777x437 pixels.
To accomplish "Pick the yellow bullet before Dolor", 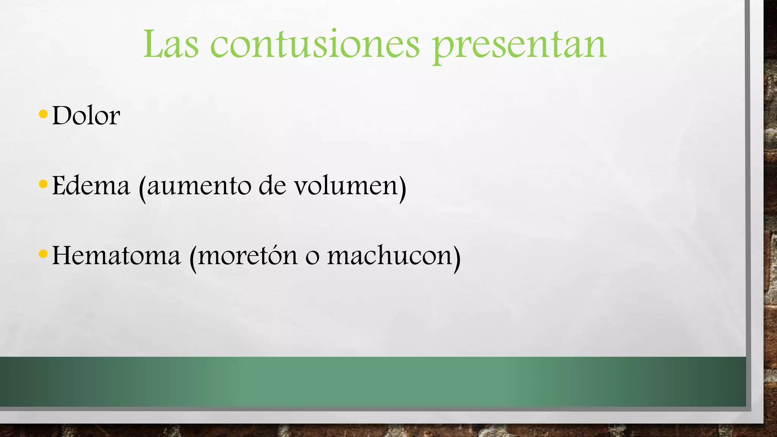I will [43, 114].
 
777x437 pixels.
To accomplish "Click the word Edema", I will [91, 185].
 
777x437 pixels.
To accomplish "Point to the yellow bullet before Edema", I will [43, 184].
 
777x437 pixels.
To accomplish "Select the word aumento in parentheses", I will [199, 186].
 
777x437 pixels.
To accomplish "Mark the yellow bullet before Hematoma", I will [43, 254].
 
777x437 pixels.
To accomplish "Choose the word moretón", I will [248, 256].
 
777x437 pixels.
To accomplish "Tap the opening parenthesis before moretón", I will [193, 258].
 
